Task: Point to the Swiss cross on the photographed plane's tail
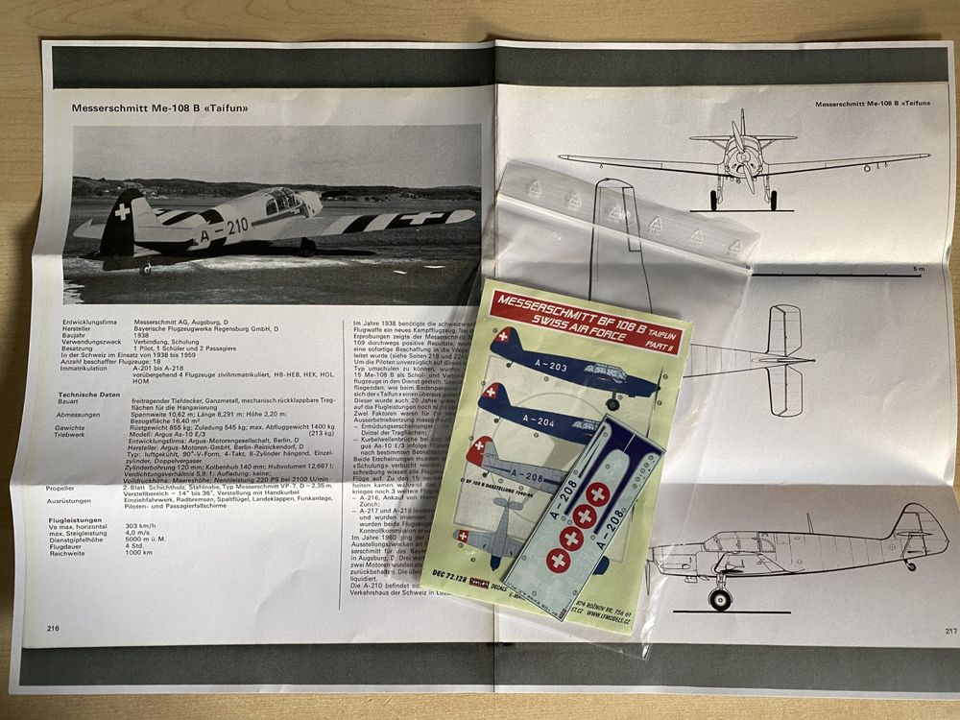coord(124,210)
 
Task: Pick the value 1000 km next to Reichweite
coord(138,553)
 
